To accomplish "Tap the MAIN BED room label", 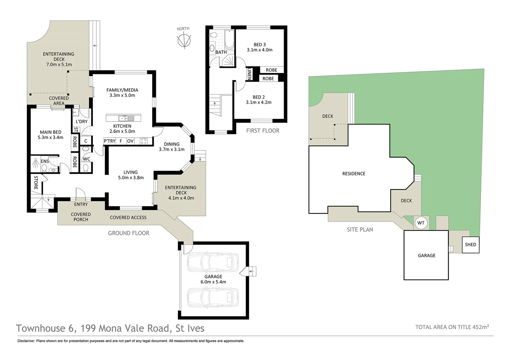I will pyautogui.click(x=50, y=132).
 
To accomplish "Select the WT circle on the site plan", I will pyautogui.click(x=421, y=223).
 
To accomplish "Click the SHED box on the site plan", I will pyautogui.click(x=470, y=245).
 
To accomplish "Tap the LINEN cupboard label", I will pyautogui.click(x=249, y=74).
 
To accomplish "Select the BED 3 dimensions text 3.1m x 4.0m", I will pyautogui.click(x=259, y=50).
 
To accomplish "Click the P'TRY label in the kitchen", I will pyautogui.click(x=110, y=141).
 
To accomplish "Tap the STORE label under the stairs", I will pyautogui.click(x=36, y=183).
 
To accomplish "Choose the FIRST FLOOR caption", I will pyautogui.click(x=262, y=131).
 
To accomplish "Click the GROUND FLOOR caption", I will pyautogui.click(x=129, y=233).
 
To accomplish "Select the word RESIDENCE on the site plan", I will pyautogui.click(x=353, y=174).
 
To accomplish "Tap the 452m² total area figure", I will pyautogui.click(x=480, y=327).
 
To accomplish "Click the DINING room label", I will pyautogui.click(x=172, y=144).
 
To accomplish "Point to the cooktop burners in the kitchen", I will pyautogui.click(x=144, y=141).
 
